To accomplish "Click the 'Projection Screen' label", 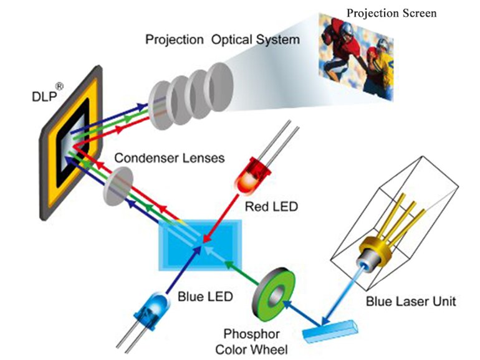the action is click(x=391, y=14).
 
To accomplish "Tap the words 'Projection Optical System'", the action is click(x=223, y=40).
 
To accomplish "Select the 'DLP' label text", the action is click(x=44, y=97).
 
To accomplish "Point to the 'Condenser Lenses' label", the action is click(x=170, y=158).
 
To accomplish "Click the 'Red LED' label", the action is click(x=271, y=207).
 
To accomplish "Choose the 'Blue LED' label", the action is click(x=206, y=296).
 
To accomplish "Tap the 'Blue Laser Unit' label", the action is click(x=411, y=301).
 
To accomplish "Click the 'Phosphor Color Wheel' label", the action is click(x=251, y=342).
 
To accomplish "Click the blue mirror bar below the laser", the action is click(x=330, y=331).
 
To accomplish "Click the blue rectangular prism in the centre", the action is click(x=200, y=245).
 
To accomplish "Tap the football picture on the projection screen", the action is click(x=356, y=57).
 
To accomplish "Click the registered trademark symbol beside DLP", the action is click(x=60, y=87).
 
